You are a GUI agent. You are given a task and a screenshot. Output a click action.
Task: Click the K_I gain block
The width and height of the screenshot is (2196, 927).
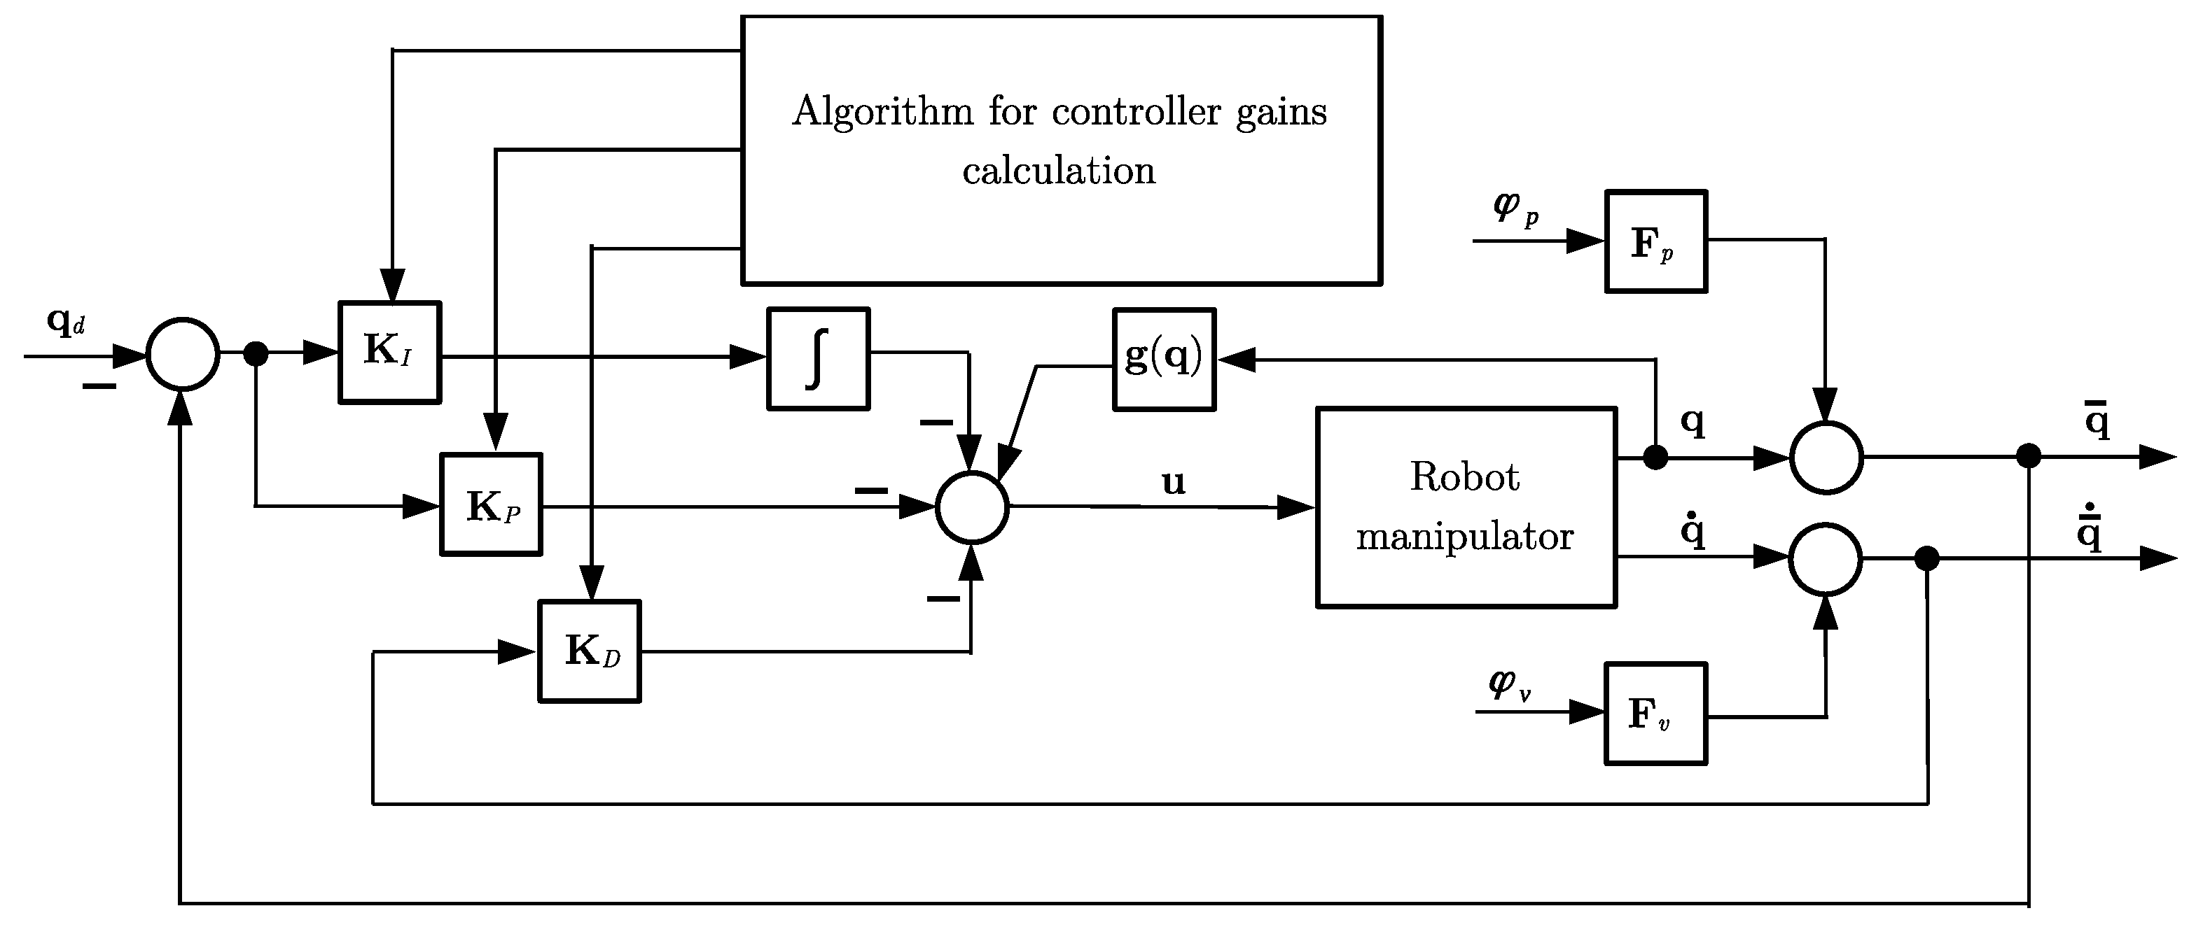pyautogui.click(x=389, y=352)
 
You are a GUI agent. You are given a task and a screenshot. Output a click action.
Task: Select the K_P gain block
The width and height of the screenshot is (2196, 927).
pyautogui.click(x=491, y=504)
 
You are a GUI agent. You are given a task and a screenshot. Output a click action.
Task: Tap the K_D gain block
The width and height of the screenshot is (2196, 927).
pyautogui.click(x=589, y=652)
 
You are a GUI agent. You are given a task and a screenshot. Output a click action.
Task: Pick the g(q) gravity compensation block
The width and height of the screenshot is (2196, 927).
pyautogui.click(x=1164, y=360)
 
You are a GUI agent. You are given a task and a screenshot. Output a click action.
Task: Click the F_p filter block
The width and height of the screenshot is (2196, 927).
pyautogui.click(x=1655, y=242)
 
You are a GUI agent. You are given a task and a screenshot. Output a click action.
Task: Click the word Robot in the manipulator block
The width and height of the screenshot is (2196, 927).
pyautogui.click(x=1464, y=477)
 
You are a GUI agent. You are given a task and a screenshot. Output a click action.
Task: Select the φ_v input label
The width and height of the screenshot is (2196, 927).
pyautogui.click(x=1509, y=684)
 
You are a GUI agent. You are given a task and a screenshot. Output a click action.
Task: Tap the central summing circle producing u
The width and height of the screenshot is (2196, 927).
pyautogui.click(x=972, y=507)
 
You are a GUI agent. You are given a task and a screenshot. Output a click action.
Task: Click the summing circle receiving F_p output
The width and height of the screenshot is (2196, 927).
pyautogui.click(x=1826, y=458)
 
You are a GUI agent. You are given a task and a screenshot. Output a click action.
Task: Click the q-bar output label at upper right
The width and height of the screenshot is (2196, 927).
pyautogui.click(x=2097, y=419)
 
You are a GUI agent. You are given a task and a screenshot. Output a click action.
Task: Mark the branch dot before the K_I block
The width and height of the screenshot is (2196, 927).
pyautogui.click(x=256, y=353)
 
